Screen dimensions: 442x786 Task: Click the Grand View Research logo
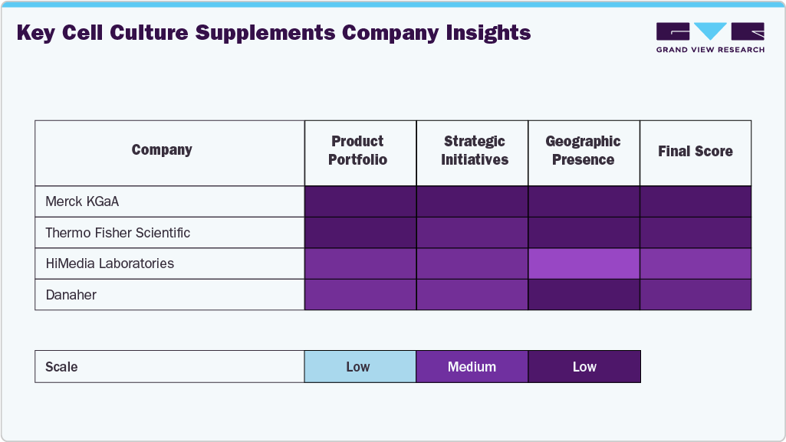click(710, 37)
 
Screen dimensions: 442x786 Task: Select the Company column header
click(162, 150)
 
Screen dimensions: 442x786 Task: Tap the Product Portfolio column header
click(357, 151)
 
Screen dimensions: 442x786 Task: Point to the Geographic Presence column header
click(583, 151)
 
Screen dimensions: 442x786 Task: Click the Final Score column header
click(695, 152)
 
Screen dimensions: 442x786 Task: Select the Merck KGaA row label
click(82, 202)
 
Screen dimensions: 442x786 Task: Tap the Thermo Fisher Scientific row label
click(117, 233)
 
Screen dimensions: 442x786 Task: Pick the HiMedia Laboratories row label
click(110, 264)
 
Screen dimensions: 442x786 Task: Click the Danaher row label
click(71, 294)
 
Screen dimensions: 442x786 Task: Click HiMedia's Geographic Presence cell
click(584, 264)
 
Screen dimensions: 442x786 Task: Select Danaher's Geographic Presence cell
click(584, 294)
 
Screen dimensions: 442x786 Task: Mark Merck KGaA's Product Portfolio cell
click(360, 202)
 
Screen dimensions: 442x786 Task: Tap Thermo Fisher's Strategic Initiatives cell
click(472, 233)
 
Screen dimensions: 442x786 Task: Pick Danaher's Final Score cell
click(696, 294)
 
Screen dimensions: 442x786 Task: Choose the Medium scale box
click(472, 367)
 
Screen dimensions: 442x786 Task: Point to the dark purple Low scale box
click(584, 367)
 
